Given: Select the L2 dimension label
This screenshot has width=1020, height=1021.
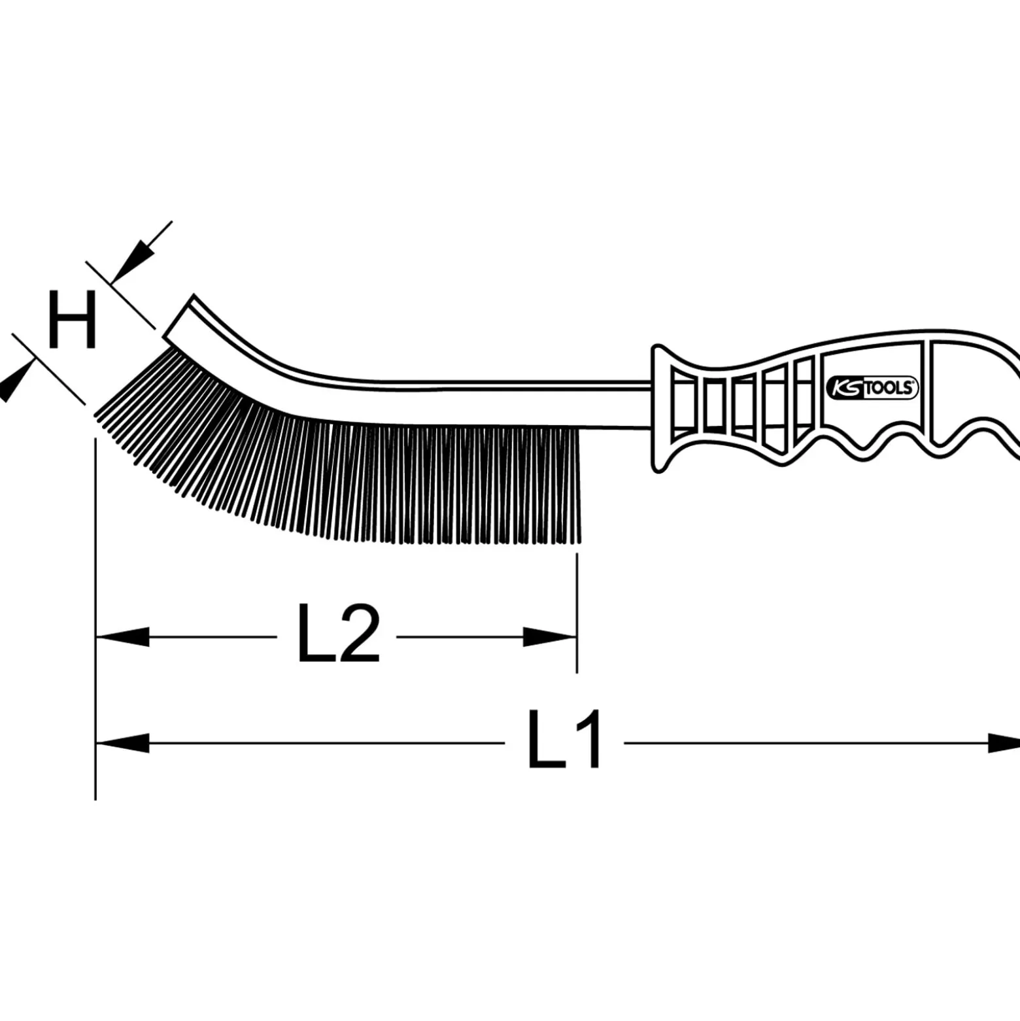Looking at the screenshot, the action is pos(338,633).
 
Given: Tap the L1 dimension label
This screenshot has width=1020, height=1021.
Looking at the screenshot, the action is pos(564,740).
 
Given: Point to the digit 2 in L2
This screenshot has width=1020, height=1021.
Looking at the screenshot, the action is pos(358,633).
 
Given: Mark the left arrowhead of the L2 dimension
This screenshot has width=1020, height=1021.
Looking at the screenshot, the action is pos(122,636).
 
